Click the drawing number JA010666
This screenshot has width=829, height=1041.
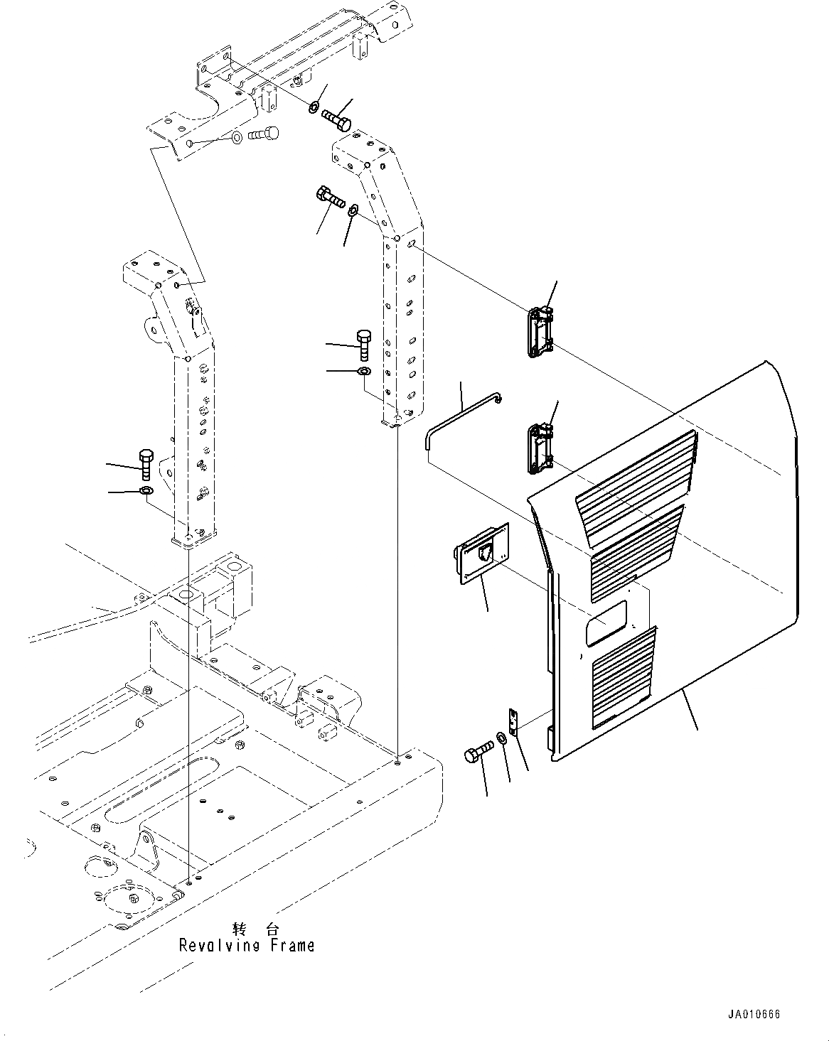click(753, 1015)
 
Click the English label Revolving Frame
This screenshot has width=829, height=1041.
click(246, 946)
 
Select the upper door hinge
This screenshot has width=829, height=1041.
click(540, 330)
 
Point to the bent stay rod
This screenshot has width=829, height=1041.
click(462, 419)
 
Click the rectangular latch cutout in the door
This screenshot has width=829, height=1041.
click(606, 622)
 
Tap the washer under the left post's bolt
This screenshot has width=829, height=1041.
click(145, 491)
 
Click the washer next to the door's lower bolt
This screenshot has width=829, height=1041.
click(503, 738)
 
